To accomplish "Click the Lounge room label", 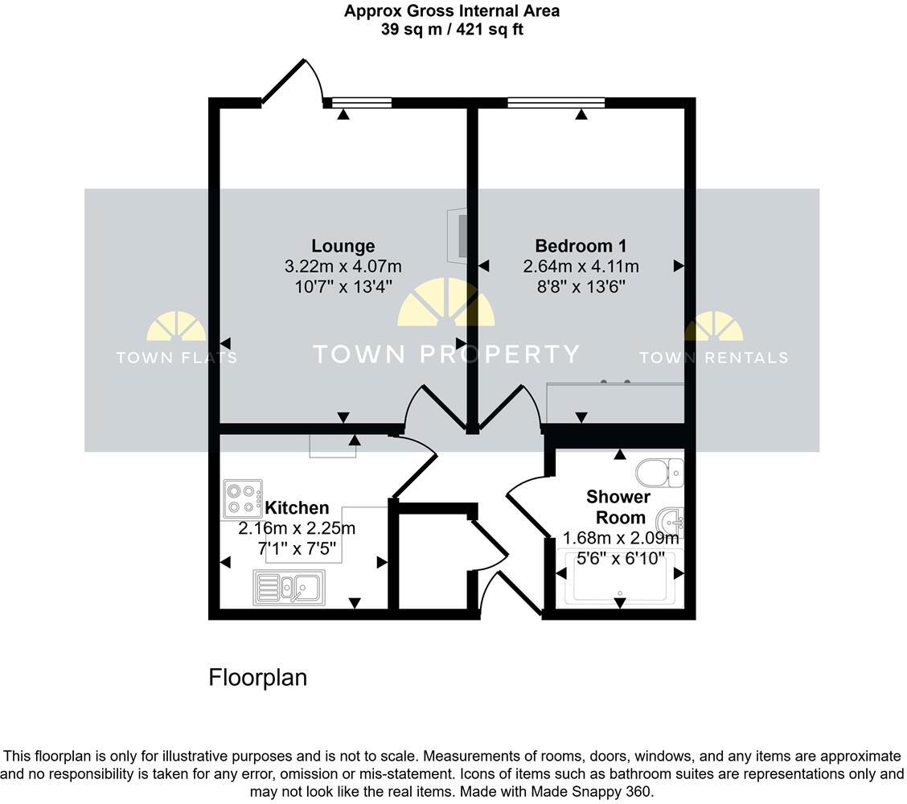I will (x=343, y=246).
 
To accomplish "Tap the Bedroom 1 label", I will (x=581, y=246).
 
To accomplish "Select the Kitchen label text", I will (x=297, y=508).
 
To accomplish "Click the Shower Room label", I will (x=618, y=507).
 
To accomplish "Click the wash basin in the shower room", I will (x=670, y=521).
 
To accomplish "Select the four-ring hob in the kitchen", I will (x=243, y=498).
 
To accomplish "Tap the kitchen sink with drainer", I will (x=289, y=587).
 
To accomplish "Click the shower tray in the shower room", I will (x=620, y=577).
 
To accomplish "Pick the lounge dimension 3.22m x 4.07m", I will (x=343, y=266).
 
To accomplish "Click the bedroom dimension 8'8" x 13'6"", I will (x=581, y=286).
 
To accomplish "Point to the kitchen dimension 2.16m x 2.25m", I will (x=297, y=529).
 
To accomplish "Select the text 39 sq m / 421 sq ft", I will (x=452, y=30).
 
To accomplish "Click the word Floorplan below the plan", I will (x=257, y=678).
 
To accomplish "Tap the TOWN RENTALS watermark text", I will (x=713, y=358).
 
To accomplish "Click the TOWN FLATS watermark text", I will (x=176, y=358).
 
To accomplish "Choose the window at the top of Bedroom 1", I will (x=556, y=102).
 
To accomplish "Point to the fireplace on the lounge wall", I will (x=458, y=236).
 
